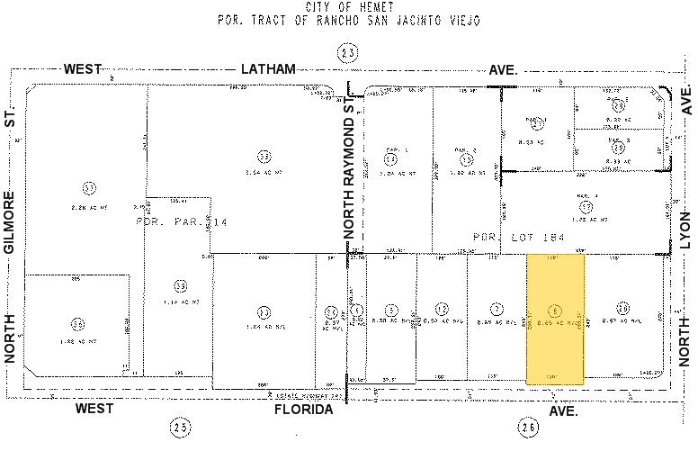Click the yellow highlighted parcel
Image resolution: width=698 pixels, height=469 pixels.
tap(555, 319)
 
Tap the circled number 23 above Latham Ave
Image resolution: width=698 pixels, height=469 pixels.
tap(348, 54)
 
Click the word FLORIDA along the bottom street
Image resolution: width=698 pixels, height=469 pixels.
tap(303, 410)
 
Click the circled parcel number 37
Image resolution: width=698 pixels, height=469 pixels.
tap(88, 188)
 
